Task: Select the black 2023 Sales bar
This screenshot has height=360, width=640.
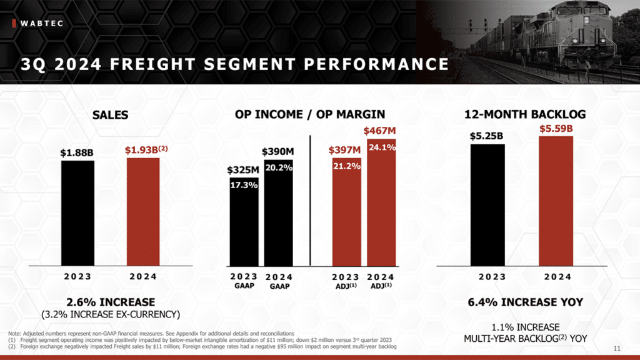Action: tap(77, 212)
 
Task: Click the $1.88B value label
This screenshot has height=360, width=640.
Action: tap(77, 152)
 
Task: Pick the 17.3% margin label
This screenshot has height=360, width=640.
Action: tap(244, 185)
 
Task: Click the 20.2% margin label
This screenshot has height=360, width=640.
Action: tap(279, 167)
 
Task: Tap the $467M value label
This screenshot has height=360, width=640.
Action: tap(380, 131)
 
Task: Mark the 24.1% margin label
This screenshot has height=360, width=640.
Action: tap(381, 147)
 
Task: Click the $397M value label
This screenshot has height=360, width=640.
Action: tap(345, 150)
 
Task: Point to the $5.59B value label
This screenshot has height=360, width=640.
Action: tap(556, 129)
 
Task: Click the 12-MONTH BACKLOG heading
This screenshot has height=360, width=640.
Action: tap(525, 114)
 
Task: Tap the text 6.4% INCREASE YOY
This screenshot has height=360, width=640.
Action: tap(525, 302)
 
